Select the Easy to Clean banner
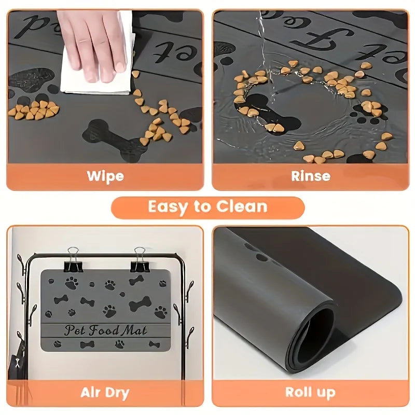[x=208, y=207]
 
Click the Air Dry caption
[x=105, y=392]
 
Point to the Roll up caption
[x=310, y=392]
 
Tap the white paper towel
[x=99, y=73]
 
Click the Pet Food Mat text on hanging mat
[x=105, y=329]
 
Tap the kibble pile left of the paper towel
[x=34, y=110]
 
